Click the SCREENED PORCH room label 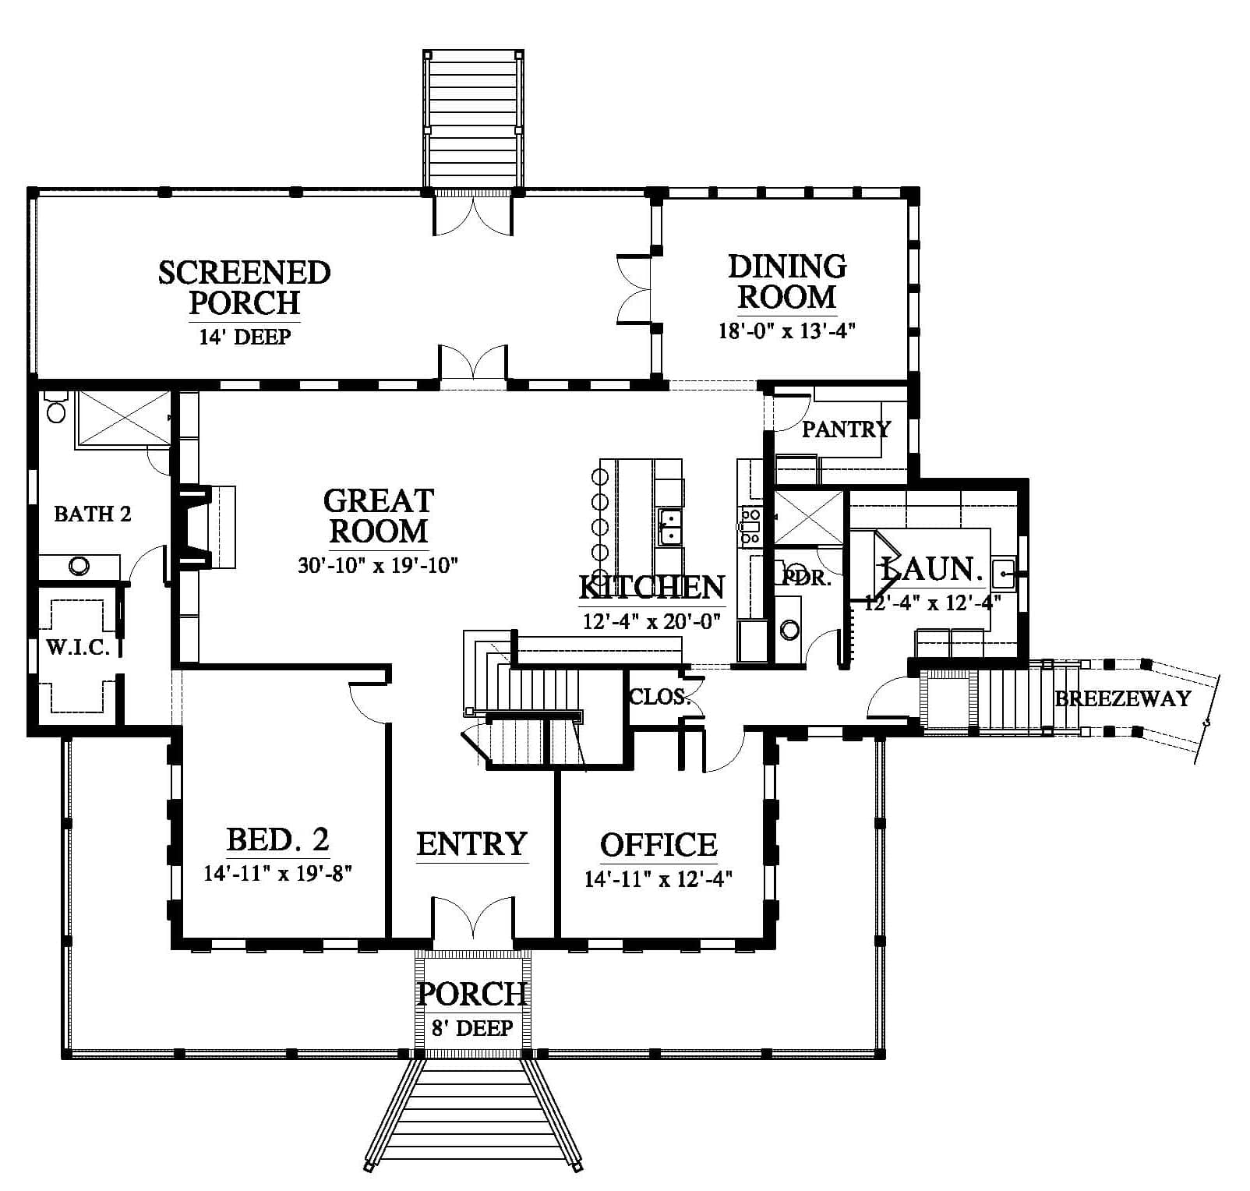point(245,287)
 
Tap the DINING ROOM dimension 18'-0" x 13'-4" point(787,331)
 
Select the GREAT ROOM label point(379,515)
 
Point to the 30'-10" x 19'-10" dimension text point(377,565)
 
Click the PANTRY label point(846,429)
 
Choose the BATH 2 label point(93,514)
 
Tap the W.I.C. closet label point(78,648)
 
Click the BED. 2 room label point(278,839)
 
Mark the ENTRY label point(472,844)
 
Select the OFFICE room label point(659,845)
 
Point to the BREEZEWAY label point(1123,698)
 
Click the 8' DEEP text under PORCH point(473,1028)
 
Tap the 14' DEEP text point(245,337)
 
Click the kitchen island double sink point(669,526)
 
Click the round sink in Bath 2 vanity point(79,567)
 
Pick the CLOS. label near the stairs point(660,697)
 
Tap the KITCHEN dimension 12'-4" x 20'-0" point(651,621)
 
